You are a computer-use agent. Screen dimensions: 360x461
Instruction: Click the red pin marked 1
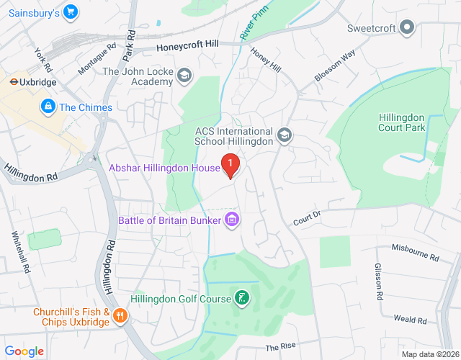[230, 166]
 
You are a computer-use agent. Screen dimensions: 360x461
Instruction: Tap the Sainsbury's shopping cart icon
[70, 12]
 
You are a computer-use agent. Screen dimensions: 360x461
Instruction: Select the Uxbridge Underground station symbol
[12, 82]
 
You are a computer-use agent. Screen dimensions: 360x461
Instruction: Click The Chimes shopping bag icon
[48, 107]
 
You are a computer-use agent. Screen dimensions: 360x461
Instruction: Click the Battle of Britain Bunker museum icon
[232, 219]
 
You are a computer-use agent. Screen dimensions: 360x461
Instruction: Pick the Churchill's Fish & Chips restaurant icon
[120, 315]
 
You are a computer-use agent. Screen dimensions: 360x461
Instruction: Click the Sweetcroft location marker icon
[408, 28]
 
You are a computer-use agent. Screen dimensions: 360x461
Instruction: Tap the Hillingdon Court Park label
[402, 122]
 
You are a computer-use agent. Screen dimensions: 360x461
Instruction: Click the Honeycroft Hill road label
[189, 46]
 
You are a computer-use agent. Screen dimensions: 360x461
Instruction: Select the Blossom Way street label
[335, 66]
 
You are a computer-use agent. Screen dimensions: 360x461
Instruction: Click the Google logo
[25, 351]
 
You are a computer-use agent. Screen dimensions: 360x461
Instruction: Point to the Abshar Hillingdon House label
[164, 168]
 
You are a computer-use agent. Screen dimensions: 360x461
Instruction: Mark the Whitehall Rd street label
[19, 251]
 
